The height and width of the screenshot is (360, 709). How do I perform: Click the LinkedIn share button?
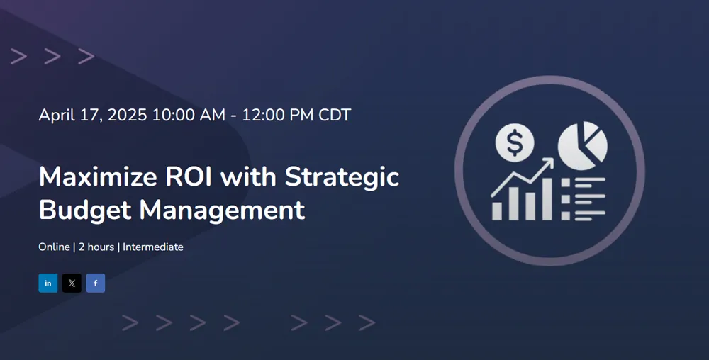tap(48, 283)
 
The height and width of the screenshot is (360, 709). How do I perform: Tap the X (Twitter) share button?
tap(72, 283)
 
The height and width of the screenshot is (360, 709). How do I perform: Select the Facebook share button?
tap(96, 283)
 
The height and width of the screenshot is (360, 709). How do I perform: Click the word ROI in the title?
tap(189, 176)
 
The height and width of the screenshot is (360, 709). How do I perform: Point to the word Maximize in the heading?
tap(98, 176)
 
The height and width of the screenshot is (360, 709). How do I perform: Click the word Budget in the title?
tap(86, 210)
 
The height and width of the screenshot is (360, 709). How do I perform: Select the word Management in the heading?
tap(222, 210)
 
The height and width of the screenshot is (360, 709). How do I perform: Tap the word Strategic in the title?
tap(342, 177)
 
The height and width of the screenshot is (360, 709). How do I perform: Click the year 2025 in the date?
tap(128, 115)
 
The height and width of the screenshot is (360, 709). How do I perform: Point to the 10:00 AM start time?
tap(189, 115)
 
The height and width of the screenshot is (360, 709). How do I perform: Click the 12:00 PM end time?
tap(278, 115)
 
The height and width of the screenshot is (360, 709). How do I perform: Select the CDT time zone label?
tap(335, 115)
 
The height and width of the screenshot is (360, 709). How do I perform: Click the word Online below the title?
tap(55, 247)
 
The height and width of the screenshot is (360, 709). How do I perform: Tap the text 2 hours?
tap(96, 247)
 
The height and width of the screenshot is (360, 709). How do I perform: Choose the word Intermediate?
tap(153, 247)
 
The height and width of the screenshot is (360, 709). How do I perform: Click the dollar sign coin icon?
tap(515, 142)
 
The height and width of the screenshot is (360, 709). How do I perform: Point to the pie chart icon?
tap(582, 145)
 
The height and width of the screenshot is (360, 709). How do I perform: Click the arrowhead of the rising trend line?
tap(548, 162)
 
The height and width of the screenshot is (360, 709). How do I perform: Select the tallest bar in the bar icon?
tap(547, 198)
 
